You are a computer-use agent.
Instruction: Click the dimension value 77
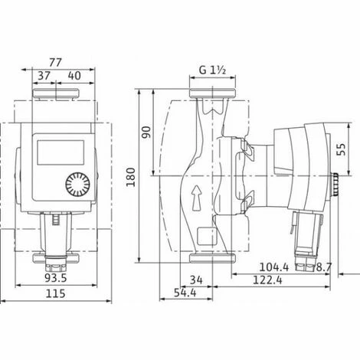tap(55, 62)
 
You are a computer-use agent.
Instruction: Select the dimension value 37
tap(44, 76)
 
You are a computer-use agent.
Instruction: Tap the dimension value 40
tap(74, 76)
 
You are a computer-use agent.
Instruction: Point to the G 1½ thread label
tap(212, 70)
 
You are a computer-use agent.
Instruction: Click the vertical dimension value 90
tap(146, 132)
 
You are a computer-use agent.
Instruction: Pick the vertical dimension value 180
tap(131, 177)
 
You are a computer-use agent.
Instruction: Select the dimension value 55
tap(341, 149)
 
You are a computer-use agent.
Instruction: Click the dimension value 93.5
tap(56, 278)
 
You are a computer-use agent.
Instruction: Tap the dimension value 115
tap(55, 293)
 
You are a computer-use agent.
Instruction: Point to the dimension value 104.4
tap(274, 267)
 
